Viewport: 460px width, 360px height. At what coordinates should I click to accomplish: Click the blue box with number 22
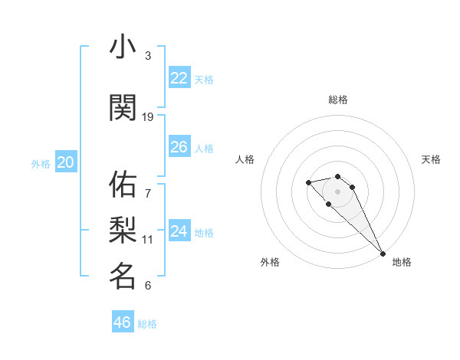point(179,78)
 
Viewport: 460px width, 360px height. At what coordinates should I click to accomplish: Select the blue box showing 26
point(179,147)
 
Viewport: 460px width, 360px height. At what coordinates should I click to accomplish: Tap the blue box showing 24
point(179,231)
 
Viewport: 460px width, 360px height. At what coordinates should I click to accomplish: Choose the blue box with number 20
point(65,162)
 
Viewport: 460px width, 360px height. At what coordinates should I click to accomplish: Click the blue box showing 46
point(123,322)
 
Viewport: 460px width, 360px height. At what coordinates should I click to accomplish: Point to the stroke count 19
point(148,117)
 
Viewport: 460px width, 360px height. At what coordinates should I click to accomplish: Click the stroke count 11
point(148,240)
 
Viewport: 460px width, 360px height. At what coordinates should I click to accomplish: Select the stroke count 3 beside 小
point(148,56)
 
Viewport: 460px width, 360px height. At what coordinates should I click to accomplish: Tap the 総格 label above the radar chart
point(338,100)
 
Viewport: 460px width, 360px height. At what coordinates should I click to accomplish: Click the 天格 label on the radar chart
point(432,159)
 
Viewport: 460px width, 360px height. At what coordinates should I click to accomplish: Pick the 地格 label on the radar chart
point(402,262)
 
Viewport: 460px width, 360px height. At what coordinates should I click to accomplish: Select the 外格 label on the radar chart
point(270,262)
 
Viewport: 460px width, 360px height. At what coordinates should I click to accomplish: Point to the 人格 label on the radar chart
point(245,159)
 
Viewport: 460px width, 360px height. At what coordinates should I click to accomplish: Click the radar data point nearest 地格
point(383,254)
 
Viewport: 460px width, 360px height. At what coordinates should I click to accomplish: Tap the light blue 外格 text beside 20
point(41,163)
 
